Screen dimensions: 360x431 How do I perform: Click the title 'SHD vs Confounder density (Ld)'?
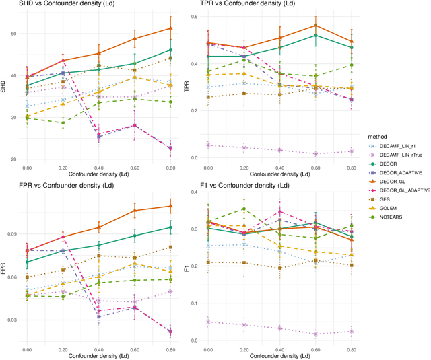pos(61,5)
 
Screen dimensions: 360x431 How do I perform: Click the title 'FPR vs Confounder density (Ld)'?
pos(61,185)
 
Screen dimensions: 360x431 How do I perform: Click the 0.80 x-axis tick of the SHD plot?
pos(170,167)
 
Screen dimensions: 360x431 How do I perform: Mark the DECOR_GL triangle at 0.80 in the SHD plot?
pos(170,28)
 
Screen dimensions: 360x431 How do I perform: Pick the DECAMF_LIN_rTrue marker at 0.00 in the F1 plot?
pos(208,322)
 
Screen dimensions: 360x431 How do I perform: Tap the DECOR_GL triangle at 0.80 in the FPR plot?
pos(170,206)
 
